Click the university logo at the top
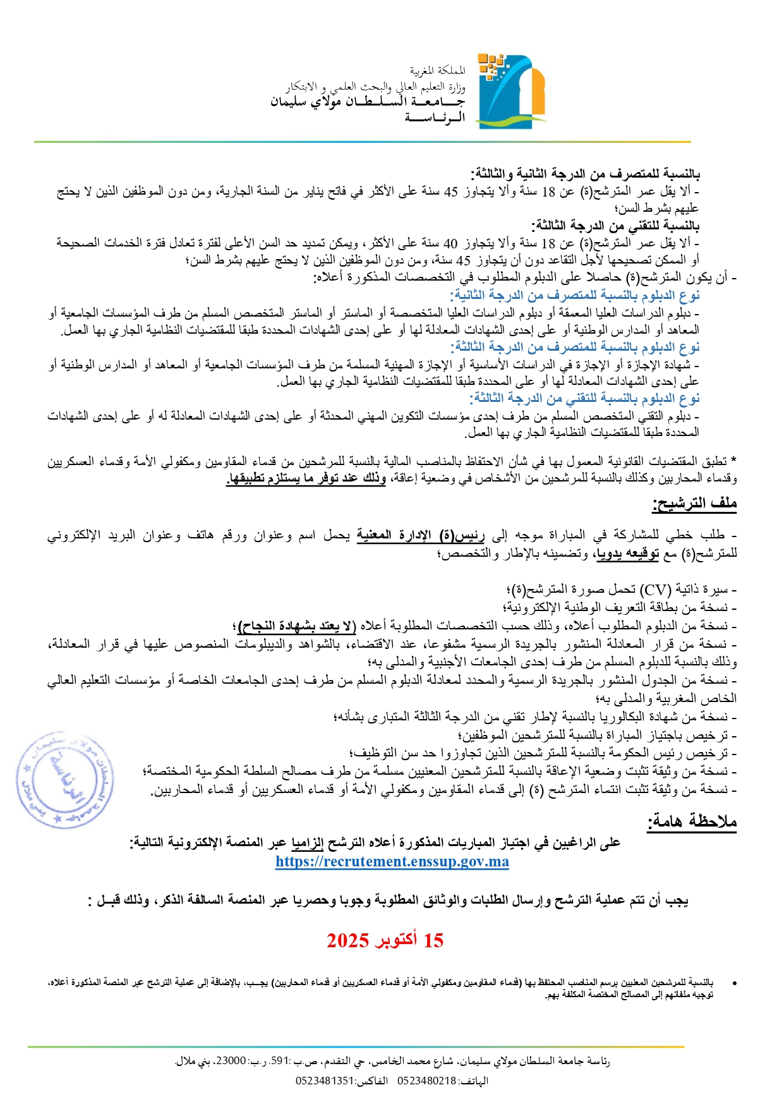(511, 92)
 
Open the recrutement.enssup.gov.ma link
(392, 861)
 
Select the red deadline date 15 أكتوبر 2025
(385, 940)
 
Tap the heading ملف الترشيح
(694, 503)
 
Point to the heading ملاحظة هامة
(692, 821)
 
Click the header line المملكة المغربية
(437, 70)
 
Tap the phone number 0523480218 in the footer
(426, 1081)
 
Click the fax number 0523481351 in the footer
(325, 1081)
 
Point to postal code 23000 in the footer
(231, 1061)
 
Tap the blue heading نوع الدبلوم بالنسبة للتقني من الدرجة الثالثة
(584, 398)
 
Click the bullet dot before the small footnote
(734, 983)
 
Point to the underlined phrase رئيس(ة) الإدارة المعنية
(421, 536)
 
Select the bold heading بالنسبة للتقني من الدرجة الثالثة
(616, 225)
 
